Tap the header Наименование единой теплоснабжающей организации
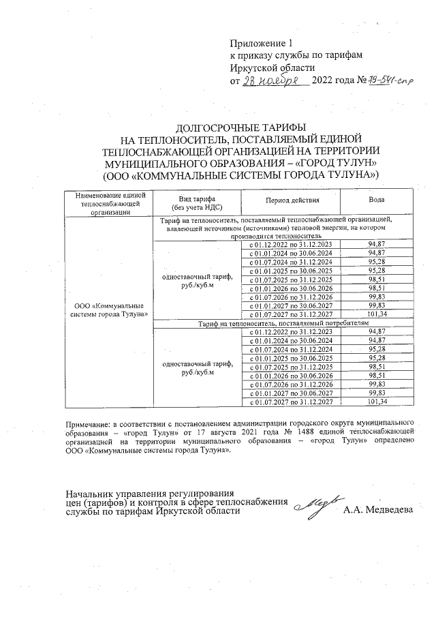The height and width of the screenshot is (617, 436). click(109, 202)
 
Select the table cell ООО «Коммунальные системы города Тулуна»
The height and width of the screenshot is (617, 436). click(109, 310)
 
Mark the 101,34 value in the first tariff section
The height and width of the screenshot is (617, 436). click(376, 314)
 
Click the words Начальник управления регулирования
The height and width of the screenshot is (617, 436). click(149, 493)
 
